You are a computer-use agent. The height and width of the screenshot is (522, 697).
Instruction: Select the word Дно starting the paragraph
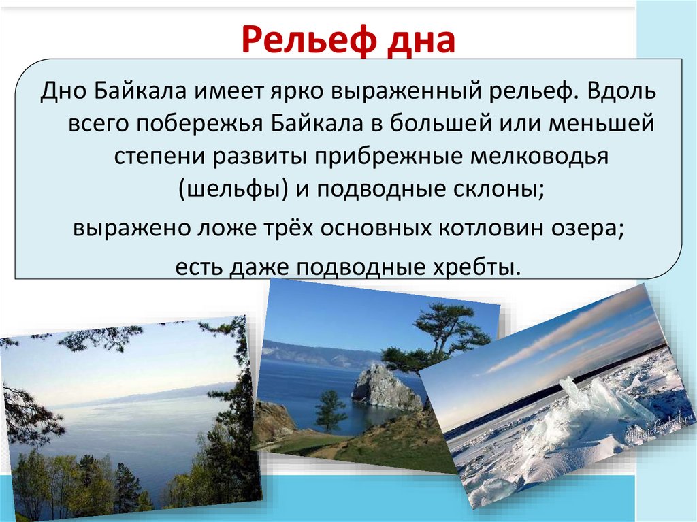tap(61, 92)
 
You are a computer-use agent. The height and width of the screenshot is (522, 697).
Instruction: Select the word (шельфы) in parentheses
tap(231, 190)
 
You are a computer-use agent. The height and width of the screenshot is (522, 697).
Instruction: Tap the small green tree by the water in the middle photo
tap(331, 408)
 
